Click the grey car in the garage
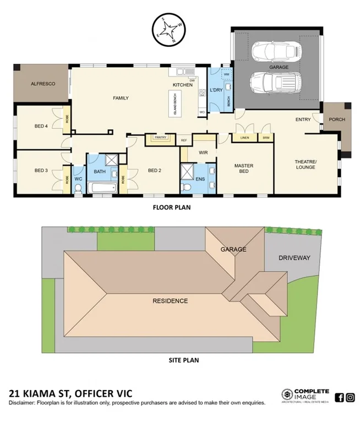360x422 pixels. tap(274, 52)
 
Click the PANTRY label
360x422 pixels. tap(161, 138)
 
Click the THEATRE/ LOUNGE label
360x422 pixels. tap(305, 164)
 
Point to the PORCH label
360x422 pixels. tap(336, 119)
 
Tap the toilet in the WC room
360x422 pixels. tap(79, 189)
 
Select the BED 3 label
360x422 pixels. tap(41, 170)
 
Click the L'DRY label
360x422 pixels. tap(215, 90)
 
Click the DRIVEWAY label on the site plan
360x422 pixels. tap(294, 257)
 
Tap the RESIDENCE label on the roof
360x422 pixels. tap(171, 301)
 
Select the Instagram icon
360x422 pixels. tap(350, 397)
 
